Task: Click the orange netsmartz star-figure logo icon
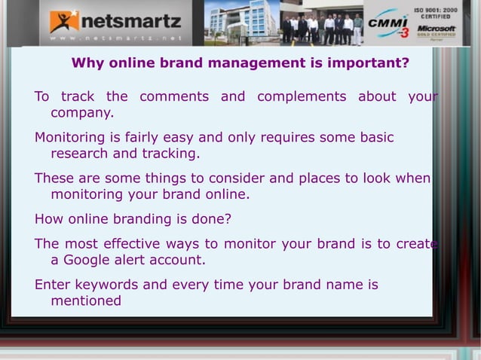point(64,20)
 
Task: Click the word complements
point(302,96)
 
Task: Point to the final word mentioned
point(85,301)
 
